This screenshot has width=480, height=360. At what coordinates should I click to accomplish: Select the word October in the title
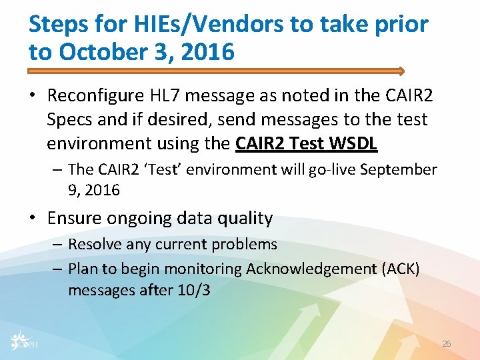pos(101,52)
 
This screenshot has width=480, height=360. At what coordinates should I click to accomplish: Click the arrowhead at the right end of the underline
pos(401,70)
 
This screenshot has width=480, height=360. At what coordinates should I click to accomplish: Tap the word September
pos(398,169)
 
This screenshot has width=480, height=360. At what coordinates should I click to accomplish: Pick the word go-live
pos(330,169)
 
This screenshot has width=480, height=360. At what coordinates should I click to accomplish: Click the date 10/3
pos(194,291)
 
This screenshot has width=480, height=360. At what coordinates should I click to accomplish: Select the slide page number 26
pos(447,344)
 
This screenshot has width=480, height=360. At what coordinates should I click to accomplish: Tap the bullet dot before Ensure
pos(34,219)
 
